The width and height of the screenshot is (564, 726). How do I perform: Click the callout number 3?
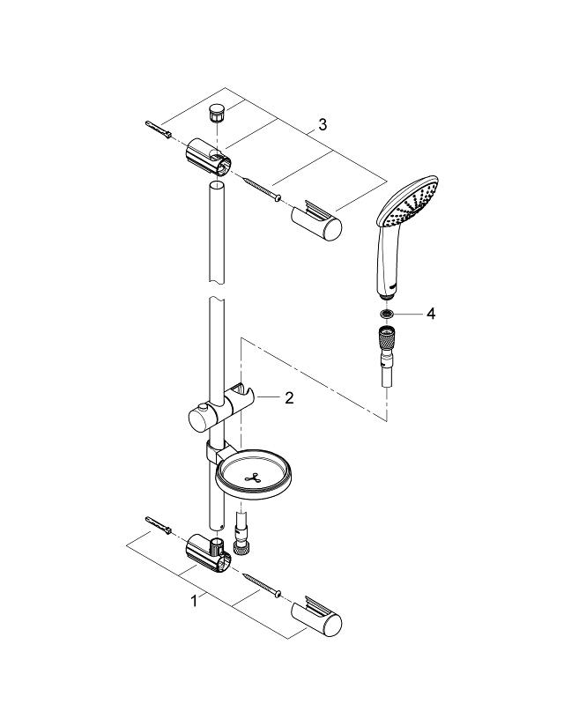(323, 126)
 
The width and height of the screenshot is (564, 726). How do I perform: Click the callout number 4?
(431, 314)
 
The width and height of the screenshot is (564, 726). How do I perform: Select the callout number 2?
(288, 398)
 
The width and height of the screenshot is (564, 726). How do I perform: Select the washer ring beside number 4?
(386, 314)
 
